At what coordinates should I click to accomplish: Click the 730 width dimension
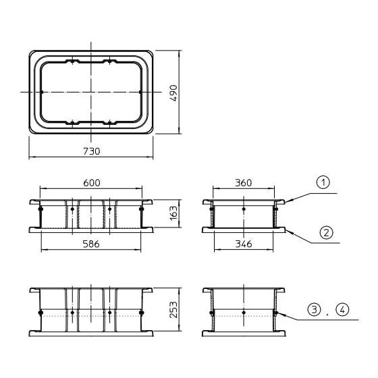(x=91, y=151)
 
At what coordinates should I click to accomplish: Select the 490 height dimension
(x=173, y=93)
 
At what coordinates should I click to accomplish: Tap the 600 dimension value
(x=92, y=183)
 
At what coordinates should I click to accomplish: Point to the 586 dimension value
(x=91, y=244)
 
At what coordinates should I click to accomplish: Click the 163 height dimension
(x=173, y=213)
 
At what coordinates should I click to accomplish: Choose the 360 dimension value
(x=244, y=183)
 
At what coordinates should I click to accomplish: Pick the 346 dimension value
(x=244, y=244)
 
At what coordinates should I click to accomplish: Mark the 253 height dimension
(x=173, y=310)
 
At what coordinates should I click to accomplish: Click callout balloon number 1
(x=323, y=182)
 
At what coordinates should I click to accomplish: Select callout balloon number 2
(x=326, y=233)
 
